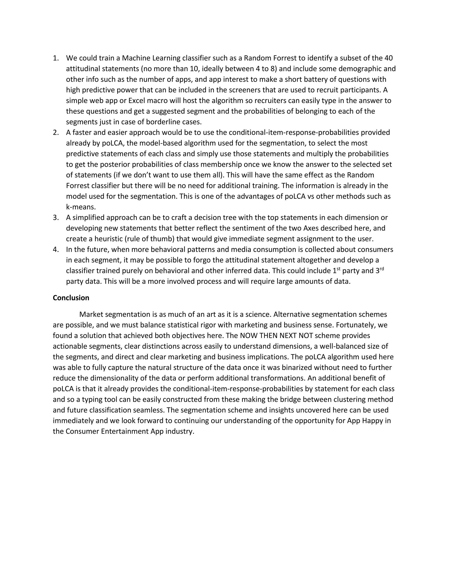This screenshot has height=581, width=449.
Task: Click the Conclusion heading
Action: tap(71, 298)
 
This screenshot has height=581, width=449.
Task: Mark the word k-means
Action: tap(81, 207)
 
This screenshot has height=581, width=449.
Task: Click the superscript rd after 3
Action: tap(382, 269)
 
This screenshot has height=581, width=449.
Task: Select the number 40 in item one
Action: tap(389, 58)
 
